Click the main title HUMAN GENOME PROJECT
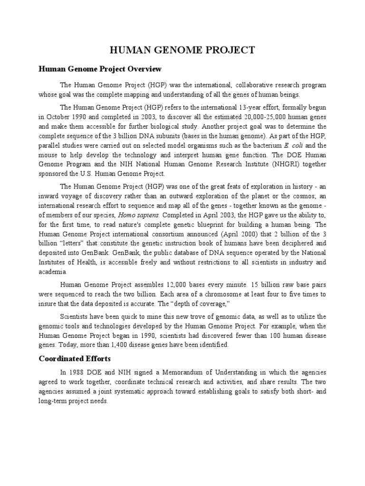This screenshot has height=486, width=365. click(183, 50)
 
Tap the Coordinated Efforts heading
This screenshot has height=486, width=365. click(74, 358)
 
